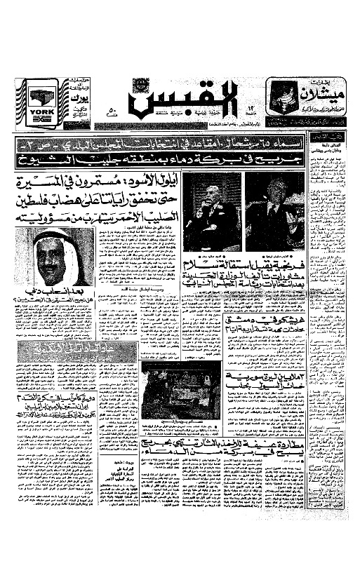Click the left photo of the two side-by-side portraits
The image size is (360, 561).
213,211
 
